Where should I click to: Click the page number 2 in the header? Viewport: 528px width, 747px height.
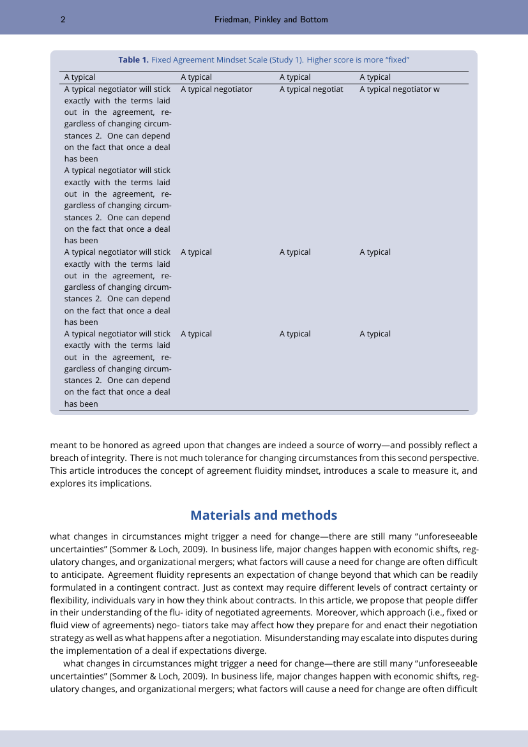[63, 20]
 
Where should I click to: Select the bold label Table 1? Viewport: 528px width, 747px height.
[133, 60]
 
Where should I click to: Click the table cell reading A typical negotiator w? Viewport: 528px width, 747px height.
[399, 89]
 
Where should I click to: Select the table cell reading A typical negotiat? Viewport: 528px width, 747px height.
[311, 89]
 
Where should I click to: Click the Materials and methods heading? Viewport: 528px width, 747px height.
[264, 515]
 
